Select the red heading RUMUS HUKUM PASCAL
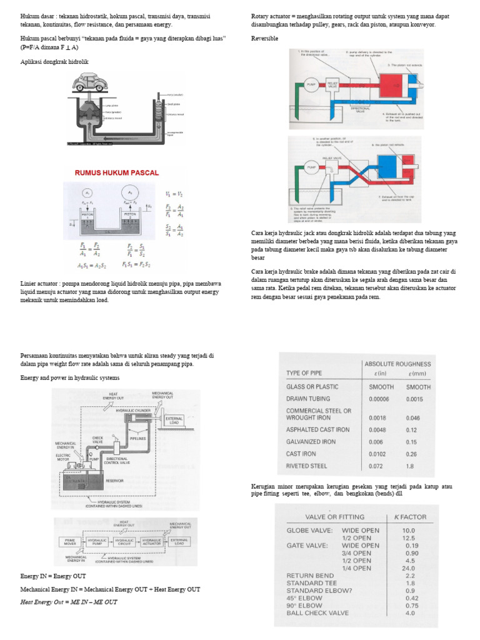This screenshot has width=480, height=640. click(x=117, y=172)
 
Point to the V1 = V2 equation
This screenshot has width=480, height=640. click(x=175, y=194)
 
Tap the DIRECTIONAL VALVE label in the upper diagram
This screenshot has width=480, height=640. click(x=360, y=109)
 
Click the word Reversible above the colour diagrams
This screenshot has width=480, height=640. click(x=264, y=38)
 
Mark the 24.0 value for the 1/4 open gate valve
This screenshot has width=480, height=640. click(x=409, y=569)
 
